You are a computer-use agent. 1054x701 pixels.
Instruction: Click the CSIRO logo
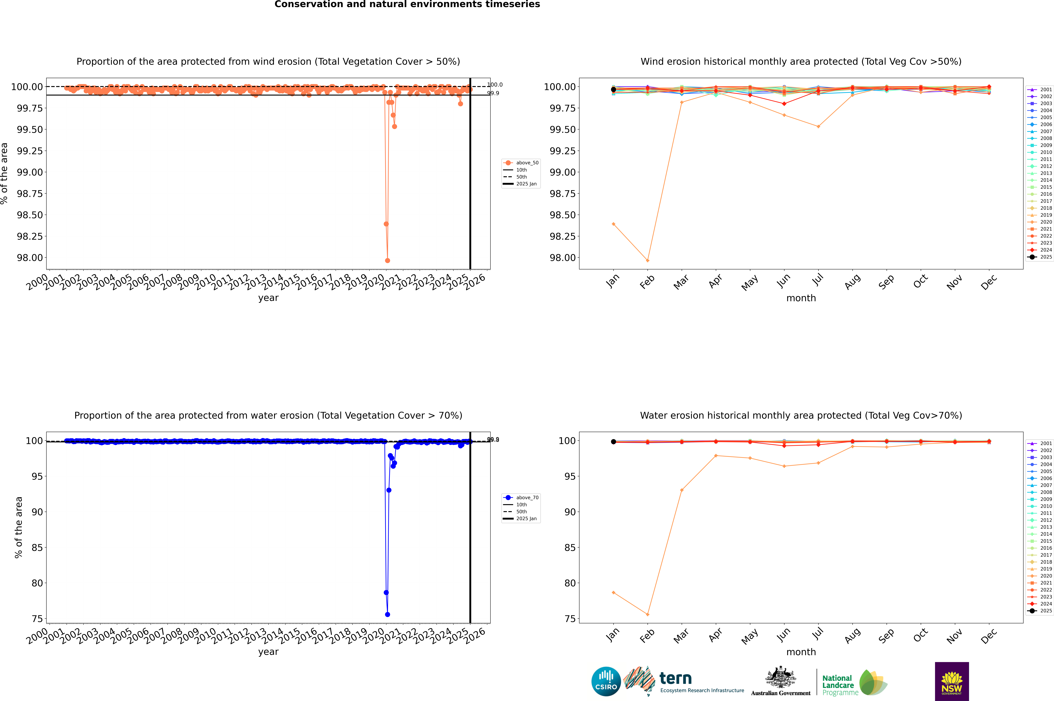pos(606,681)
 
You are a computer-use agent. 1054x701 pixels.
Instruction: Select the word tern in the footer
pos(676,678)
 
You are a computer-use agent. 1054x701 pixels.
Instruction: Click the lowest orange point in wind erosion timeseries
pos(387,260)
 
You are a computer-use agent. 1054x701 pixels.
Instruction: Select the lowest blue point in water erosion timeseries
pos(387,614)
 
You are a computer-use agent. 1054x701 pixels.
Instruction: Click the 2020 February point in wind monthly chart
pos(647,260)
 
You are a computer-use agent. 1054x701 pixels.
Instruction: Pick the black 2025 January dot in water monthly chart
pos(613,442)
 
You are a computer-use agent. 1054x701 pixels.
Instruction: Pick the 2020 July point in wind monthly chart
pos(818,126)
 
